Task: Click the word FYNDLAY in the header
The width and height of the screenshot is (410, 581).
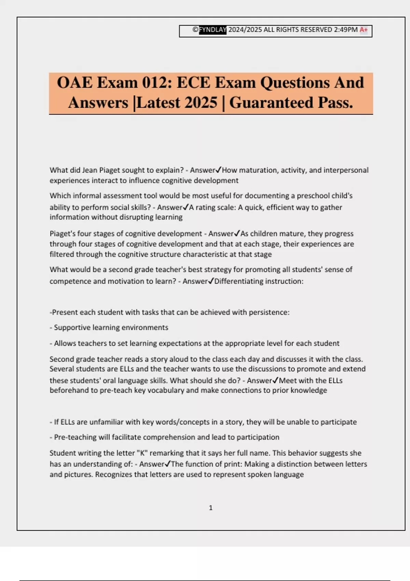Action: click(213, 30)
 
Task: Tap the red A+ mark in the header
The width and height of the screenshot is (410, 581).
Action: click(364, 30)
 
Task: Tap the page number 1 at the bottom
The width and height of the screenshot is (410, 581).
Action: click(210, 508)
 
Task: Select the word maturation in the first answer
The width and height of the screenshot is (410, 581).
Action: click(252, 170)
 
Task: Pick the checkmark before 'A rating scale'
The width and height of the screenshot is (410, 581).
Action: click(186, 207)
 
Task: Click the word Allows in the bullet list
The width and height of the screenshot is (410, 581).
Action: click(65, 343)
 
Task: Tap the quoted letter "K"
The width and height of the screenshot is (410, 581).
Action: click(142, 453)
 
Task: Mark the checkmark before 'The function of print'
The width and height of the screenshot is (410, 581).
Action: click(167, 464)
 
